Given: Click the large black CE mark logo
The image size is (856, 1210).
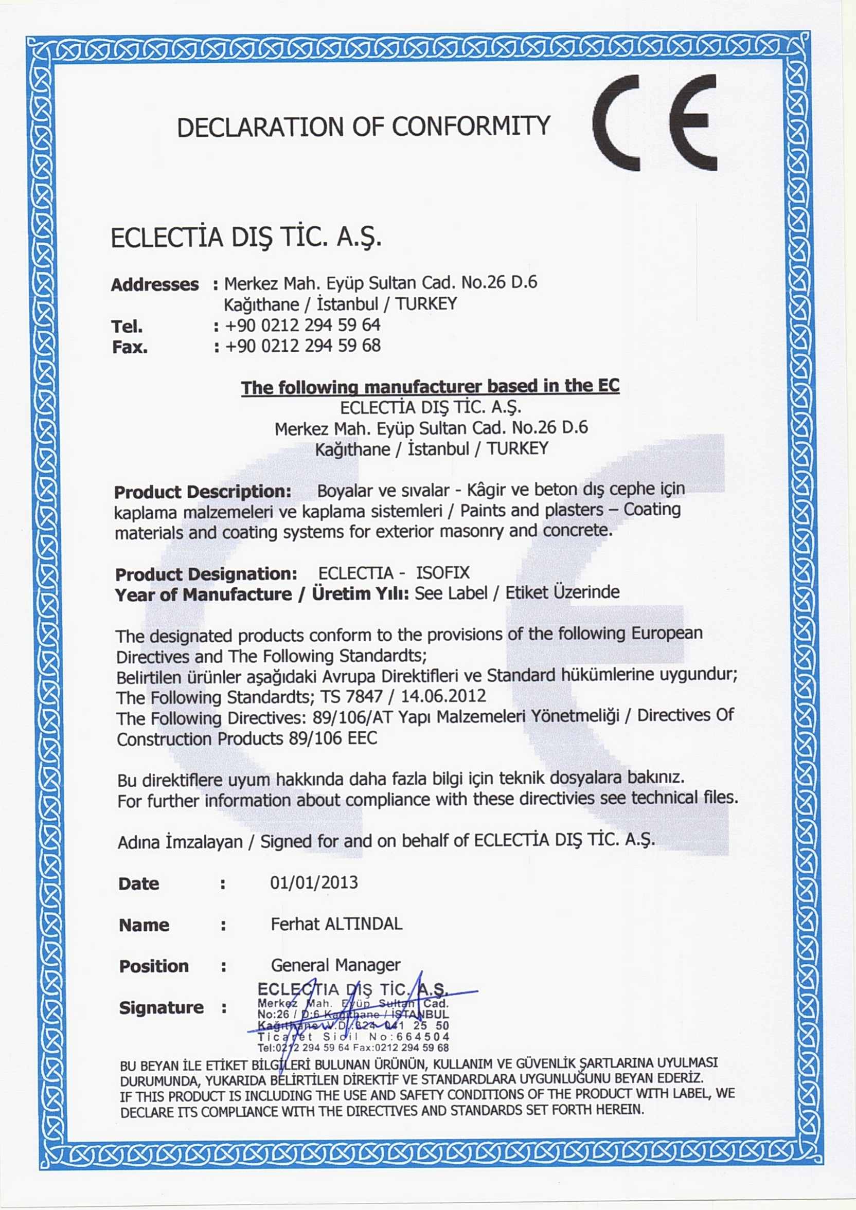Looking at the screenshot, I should pos(655,122).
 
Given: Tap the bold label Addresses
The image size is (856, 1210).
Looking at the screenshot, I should pos(154,285).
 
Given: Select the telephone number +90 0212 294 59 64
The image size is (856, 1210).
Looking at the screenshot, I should pos(302,325).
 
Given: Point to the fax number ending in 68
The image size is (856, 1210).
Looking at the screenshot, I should pos(302,346).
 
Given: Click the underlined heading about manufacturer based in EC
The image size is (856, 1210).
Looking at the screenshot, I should pos(430,386).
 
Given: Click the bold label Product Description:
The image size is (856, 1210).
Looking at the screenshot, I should pos(202,492).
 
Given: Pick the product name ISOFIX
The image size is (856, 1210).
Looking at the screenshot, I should pos(443,573).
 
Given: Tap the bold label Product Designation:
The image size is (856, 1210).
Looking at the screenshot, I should pos(206,574).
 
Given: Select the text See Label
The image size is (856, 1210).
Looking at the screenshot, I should pos(451,593).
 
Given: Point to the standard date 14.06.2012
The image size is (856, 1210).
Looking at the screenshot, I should pos(443,696).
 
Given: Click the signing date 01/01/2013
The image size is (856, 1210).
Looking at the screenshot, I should pos(314,882).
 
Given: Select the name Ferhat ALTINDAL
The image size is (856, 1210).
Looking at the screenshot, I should pos(336,924).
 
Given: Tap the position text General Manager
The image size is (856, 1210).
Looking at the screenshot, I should pos(335,965).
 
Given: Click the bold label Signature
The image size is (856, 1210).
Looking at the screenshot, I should pos(161,1007).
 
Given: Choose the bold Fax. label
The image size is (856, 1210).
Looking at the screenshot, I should pos(130,347).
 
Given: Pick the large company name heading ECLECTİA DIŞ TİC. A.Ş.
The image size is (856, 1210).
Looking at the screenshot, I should pos(245,238).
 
